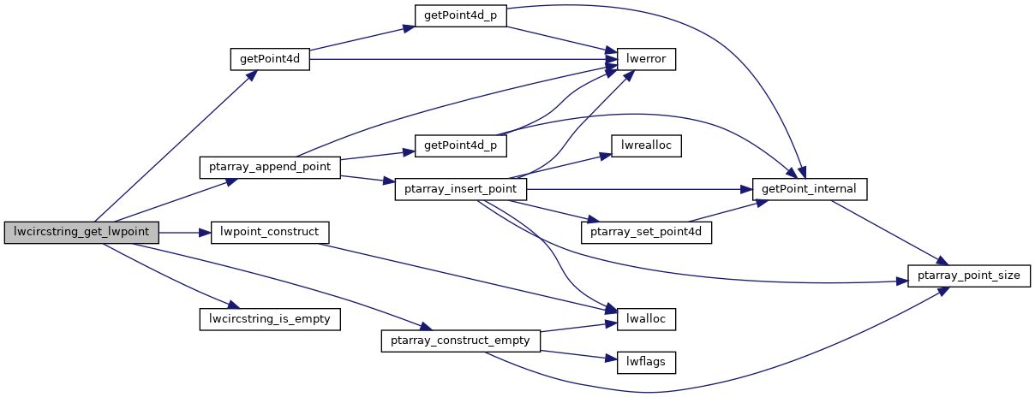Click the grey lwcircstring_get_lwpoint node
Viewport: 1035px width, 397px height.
tap(81, 232)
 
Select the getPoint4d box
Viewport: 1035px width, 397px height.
tap(269, 60)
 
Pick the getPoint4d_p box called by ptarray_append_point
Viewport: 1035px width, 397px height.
tap(459, 145)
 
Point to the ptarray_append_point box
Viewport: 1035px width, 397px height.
tap(269, 167)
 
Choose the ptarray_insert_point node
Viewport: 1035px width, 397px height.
tap(459, 189)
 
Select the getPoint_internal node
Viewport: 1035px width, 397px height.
tap(810, 189)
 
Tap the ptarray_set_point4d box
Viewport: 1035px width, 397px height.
tap(647, 232)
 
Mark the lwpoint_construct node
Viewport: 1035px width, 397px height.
tap(269, 232)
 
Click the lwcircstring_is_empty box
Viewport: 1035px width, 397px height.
tap(269, 319)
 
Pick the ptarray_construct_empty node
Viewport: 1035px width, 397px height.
tap(459, 341)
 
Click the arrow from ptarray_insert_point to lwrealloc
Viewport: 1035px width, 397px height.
tap(565, 165)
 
